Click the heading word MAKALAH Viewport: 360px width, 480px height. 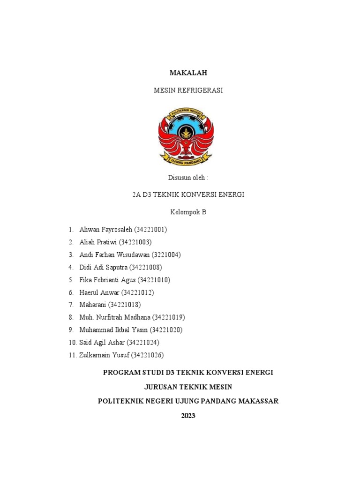pyautogui.click(x=188, y=73)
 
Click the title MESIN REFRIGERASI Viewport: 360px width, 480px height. pyautogui.click(x=188, y=90)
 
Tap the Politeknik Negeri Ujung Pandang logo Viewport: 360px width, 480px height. pyautogui.click(x=186, y=136)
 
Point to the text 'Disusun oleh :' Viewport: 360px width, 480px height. pyautogui.click(x=188, y=178)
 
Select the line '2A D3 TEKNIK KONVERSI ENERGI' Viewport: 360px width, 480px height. pyautogui.click(x=188, y=195)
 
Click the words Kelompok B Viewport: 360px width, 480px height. pyautogui.click(x=188, y=212)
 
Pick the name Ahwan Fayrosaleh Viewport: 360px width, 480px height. pyautogui.click(x=106, y=230)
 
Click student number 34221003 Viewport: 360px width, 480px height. pyautogui.click(x=135, y=242)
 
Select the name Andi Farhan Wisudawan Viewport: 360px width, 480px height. pyautogui.click(x=114, y=255)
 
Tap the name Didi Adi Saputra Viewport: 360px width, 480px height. pyautogui.click(x=104, y=267)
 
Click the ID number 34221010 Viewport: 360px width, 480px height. pyautogui.click(x=154, y=280)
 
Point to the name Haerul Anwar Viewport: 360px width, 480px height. pyautogui.click(x=100, y=292)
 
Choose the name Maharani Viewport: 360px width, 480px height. pyautogui.click(x=93, y=305)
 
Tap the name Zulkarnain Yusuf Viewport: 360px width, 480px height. pyautogui.click(x=104, y=355)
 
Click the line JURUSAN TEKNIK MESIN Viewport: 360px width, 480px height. pyautogui.click(x=188, y=387)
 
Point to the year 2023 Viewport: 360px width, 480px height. pyautogui.click(x=188, y=415)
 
